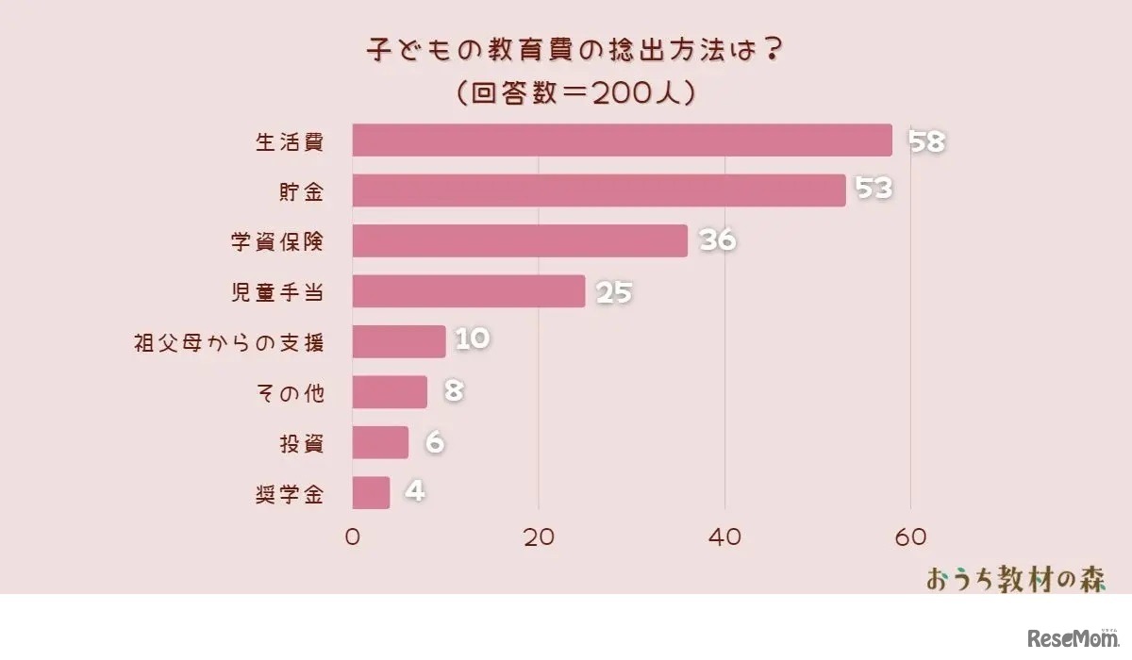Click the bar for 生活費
click(622, 140)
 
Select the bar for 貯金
click(599, 190)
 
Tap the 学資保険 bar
click(520, 240)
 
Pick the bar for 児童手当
click(469, 291)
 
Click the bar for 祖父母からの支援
click(399, 341)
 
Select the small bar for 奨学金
click(371, 492)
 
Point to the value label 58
click(926, 141)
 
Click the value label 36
click(717, 241)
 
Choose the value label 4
click(414, 492)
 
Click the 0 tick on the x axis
click(353, 537)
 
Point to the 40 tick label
click(724, 537)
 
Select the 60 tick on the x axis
click(909, 537)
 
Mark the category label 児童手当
click(278, 291)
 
